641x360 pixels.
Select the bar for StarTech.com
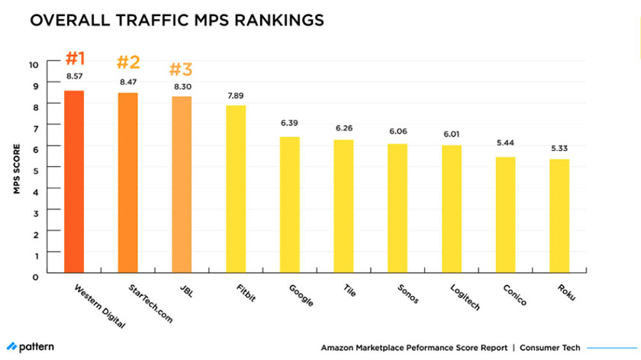[127, 182]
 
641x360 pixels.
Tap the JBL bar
[182, 185]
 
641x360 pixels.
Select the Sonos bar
[398, 207]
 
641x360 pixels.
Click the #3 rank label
[180, 69]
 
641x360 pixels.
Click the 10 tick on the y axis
[33, 64]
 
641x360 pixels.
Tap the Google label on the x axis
[300, 295]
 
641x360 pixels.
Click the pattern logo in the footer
[31, 346]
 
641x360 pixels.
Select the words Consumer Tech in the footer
[549, 347]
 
